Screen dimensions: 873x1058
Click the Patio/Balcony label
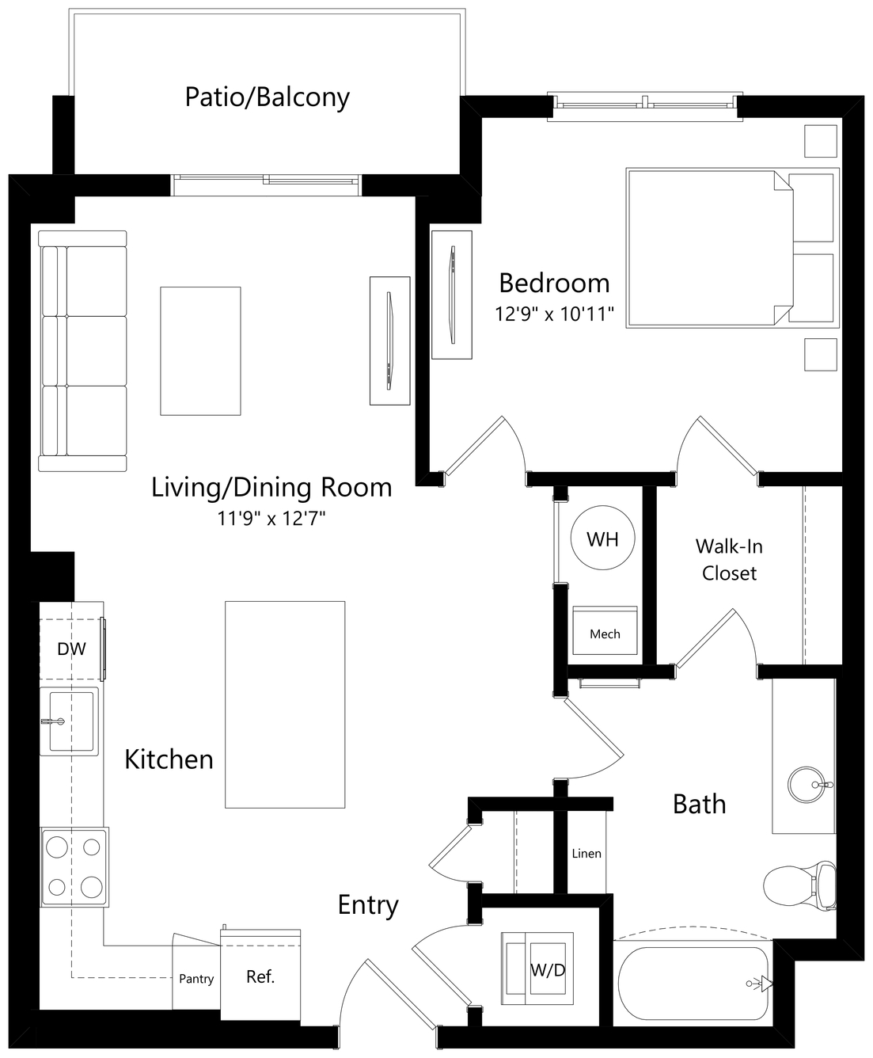(x=267, y=97)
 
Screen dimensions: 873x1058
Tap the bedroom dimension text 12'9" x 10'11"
(x=554, y=314)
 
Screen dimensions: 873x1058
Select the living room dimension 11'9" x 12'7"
(x=271, y=519)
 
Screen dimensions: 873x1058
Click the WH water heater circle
(x=602, y=539)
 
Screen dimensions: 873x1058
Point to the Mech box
(x=605, y=630)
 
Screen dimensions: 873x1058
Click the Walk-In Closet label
(x=729, y=559)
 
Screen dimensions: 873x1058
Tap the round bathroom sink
(x=806, y=785)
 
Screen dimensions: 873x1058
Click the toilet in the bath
(x=799, y=885)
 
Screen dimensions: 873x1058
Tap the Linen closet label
(x=586, y=854)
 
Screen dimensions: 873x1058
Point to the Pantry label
(x=196, y=979)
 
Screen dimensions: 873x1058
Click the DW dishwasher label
(x=71, y=649)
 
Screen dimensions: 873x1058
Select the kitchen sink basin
(x=71, y=721)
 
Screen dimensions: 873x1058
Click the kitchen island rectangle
(x=285, y=704)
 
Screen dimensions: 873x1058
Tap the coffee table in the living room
(x=200, y=351)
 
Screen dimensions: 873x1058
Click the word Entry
(x=368, y=905)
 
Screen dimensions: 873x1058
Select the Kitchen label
(x=169, y=759)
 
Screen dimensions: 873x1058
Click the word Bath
(x=700, y=804)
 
